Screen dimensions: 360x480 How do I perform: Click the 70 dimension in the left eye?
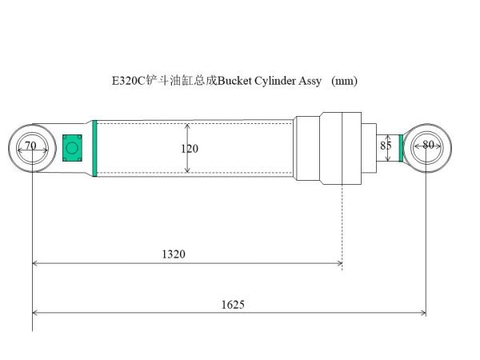point(30,146)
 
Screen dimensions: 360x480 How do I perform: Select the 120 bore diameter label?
point(190,149)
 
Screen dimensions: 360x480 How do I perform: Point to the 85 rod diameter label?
point(386,146)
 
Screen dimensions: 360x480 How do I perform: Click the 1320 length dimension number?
point(173,254)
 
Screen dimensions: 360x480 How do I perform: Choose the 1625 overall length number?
point(232,304)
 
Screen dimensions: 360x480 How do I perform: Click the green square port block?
point(73,147)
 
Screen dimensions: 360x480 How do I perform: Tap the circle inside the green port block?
point(73,147)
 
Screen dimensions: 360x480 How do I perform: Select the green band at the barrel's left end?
point(94,148)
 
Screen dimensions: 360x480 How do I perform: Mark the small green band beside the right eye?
point(402,147)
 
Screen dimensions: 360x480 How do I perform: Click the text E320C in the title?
point(127,81)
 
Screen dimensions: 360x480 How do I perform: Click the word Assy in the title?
point(311,81)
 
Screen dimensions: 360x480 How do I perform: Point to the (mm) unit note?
point(344,81)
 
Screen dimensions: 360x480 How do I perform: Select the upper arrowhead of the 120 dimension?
point(187,126)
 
